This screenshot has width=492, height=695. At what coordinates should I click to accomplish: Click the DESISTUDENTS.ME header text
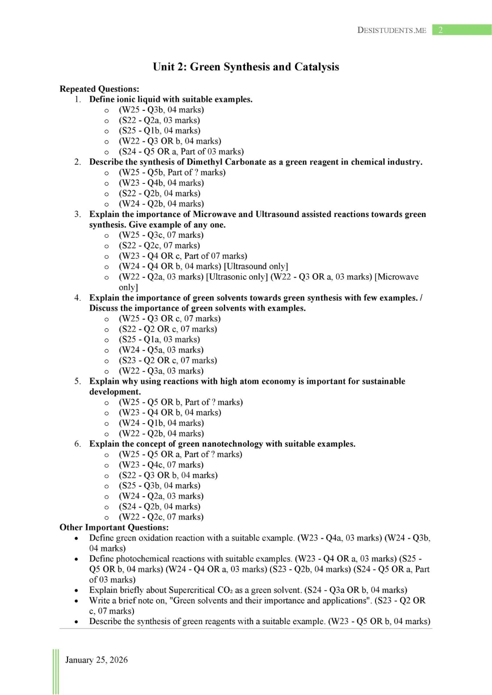tap(391, 30)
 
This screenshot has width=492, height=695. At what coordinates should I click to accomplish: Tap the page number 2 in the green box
tap(440, 30)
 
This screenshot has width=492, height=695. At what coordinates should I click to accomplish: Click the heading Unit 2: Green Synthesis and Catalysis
tap(245, 67)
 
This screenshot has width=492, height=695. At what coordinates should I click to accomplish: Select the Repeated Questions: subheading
tap(99, 89)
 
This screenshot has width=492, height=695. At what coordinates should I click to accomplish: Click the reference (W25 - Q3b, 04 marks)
tap(161, 110)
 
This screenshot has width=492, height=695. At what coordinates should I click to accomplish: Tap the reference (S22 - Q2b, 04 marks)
tap(159, 193)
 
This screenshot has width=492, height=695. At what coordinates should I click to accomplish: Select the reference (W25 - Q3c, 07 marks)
tap(161, 235)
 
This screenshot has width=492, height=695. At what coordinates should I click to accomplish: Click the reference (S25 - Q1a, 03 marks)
tap(159, 339)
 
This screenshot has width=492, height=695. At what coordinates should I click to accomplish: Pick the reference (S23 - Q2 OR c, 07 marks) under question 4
tap(167, 360)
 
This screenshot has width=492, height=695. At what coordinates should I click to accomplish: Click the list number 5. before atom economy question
tap(77, 381)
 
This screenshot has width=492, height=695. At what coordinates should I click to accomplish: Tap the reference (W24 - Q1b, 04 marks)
tap(161, 423)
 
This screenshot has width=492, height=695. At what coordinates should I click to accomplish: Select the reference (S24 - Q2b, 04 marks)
tap(159, 506)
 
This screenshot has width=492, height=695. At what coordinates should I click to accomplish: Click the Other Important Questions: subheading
tap(114, 527)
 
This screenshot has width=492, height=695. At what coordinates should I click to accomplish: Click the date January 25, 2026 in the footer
tap(96, 660)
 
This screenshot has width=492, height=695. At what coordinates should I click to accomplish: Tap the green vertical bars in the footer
tap(55, 672)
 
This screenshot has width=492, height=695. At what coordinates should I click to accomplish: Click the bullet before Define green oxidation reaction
tap(76, 539)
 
